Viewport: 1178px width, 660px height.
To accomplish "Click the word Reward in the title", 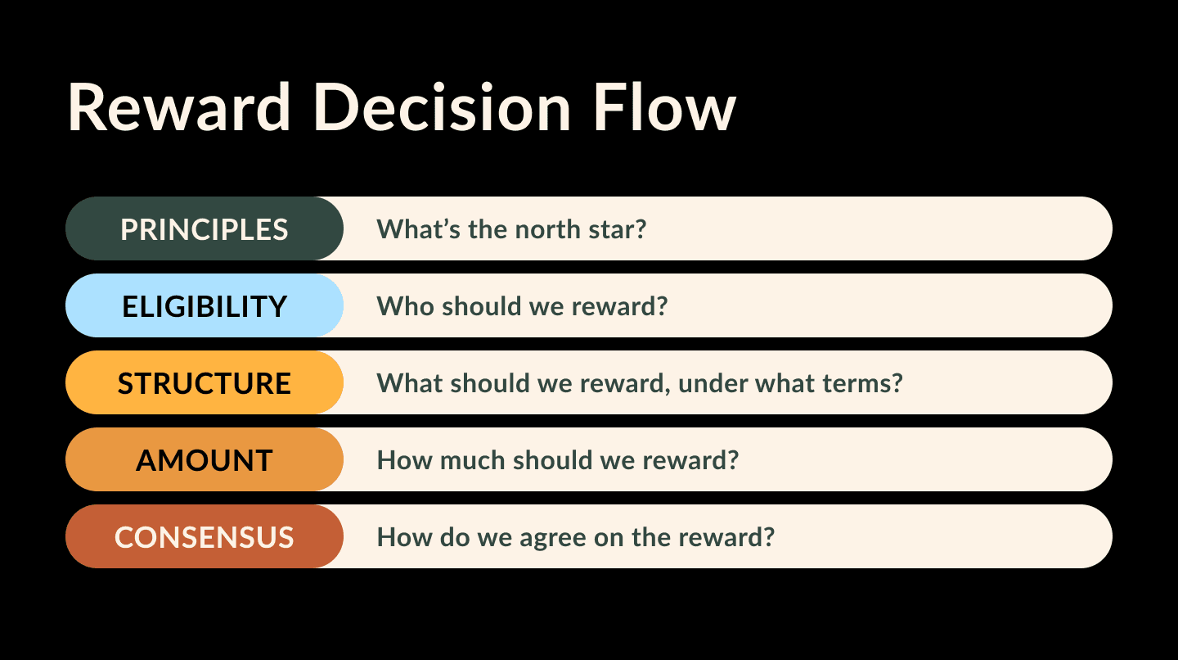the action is (179, 107).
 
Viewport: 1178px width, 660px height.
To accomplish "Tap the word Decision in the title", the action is (443, 107).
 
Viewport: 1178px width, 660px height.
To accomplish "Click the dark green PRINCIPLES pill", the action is (204, 228).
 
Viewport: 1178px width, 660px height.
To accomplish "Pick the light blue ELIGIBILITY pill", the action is (204, 305).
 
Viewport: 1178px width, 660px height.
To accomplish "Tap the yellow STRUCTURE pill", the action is (204, 382).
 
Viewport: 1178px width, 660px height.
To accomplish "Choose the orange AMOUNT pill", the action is (204, 459).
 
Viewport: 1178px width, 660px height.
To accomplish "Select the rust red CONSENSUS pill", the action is (204, 536).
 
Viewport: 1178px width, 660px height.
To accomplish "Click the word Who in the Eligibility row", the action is (406, 305).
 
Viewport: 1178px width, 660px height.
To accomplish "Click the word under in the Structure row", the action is (713, 382).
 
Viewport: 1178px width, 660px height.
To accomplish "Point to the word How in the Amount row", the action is (404, 460).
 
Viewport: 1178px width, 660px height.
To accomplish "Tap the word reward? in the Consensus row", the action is (726, 537).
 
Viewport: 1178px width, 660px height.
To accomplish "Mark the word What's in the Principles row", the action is (419, 229).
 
